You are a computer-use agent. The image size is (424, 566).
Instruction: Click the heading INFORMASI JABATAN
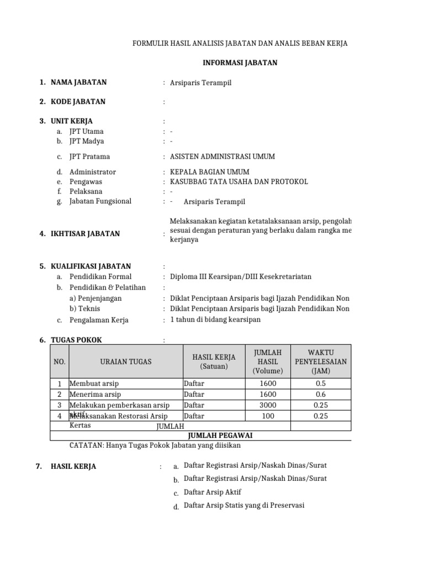point(240,62)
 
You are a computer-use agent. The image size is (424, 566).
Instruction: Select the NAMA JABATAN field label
point(78,82)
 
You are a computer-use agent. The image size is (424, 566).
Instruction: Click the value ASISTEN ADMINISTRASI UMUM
point(222,156)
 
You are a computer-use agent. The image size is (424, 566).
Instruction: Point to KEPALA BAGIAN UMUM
point(210,172)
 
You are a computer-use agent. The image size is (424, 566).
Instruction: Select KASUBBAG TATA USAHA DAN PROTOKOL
point(239,182)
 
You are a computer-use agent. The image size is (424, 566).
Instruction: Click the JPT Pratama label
point(89,156)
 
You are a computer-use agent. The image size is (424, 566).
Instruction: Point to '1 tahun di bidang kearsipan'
point(215,319)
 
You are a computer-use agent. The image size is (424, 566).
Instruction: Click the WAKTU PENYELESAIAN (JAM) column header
point(320,361)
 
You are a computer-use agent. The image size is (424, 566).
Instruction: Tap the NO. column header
point(59,361)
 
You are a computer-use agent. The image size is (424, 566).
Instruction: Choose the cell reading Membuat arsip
point(94,384)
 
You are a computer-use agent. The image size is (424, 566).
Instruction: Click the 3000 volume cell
point(268,405)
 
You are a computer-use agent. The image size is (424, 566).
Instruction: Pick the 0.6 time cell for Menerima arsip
point(320,395)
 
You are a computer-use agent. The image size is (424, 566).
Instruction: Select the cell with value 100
point(268,416)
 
